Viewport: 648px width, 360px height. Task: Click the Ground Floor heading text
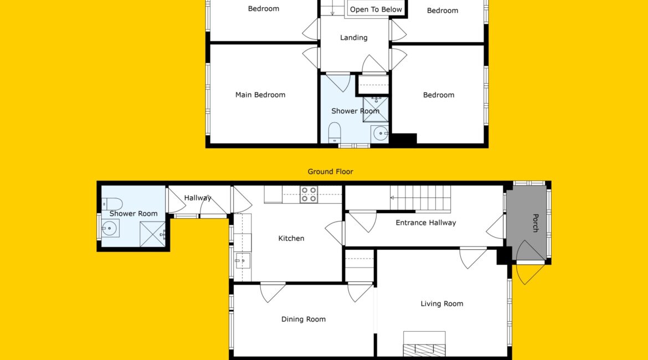click(330, 172)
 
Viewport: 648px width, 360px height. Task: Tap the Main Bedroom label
click(260, 95)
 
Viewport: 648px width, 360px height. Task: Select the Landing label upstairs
click(354, 38)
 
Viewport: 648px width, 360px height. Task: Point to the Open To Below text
click(376, 9)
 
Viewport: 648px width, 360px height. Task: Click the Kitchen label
click(291, 238)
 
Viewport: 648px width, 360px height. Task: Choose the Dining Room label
click(304, 319)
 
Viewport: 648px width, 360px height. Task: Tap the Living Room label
click(442, 304)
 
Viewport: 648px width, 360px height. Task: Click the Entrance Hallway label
click(426, 223)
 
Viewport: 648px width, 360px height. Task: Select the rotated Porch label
click(535, 223)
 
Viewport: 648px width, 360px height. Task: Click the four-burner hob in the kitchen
click(308, 194)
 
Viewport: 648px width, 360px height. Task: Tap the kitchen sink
click(243, 261)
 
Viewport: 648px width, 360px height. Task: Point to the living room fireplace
click(424, 343)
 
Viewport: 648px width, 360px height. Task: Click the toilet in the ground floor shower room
click(112, 204)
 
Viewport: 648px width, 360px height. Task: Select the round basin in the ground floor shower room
click(110, 228)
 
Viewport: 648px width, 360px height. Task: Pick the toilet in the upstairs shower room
click(335, 133)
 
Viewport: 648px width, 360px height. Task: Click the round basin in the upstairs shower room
click(380, 134)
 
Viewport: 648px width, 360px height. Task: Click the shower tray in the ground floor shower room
click(153, 234)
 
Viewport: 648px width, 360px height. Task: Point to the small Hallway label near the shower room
click(198, 198)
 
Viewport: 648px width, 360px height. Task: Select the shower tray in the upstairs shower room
click(376, 109)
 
